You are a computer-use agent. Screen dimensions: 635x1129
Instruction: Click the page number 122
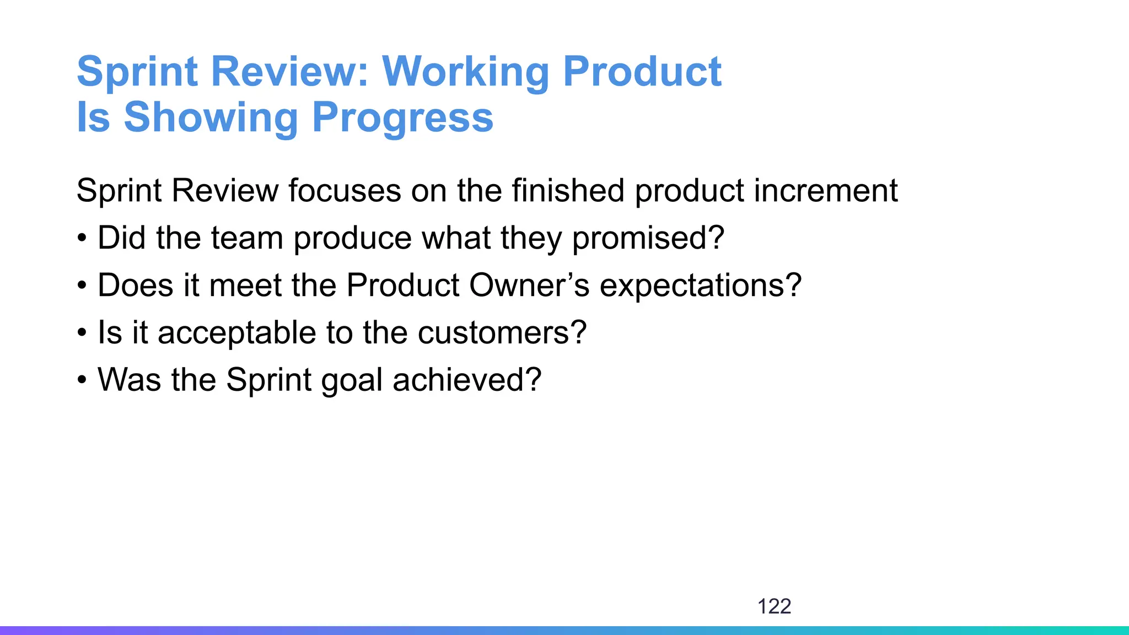(x=774, y=606)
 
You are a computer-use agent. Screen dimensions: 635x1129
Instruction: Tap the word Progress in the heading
(x=402, y=117)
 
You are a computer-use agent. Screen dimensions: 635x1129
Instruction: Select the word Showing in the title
(x=211, y=117)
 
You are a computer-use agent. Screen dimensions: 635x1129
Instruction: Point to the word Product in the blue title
(x=642, y=72)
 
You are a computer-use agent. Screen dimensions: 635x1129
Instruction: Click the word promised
(x=648, y=238)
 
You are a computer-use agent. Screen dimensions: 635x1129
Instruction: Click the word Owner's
(x=529, y=286)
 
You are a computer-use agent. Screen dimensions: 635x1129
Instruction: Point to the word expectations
(x=700, y=286)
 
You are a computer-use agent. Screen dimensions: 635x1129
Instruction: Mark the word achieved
(x=466, y=380)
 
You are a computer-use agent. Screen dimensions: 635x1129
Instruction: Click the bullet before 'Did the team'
(x=82, y=239)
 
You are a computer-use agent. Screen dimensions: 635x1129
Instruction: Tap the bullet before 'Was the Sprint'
(x=82, y=381)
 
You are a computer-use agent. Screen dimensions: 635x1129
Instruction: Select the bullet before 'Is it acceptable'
(x=82, y=333)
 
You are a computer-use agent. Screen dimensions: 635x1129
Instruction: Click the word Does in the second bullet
(x=136, y=286)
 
